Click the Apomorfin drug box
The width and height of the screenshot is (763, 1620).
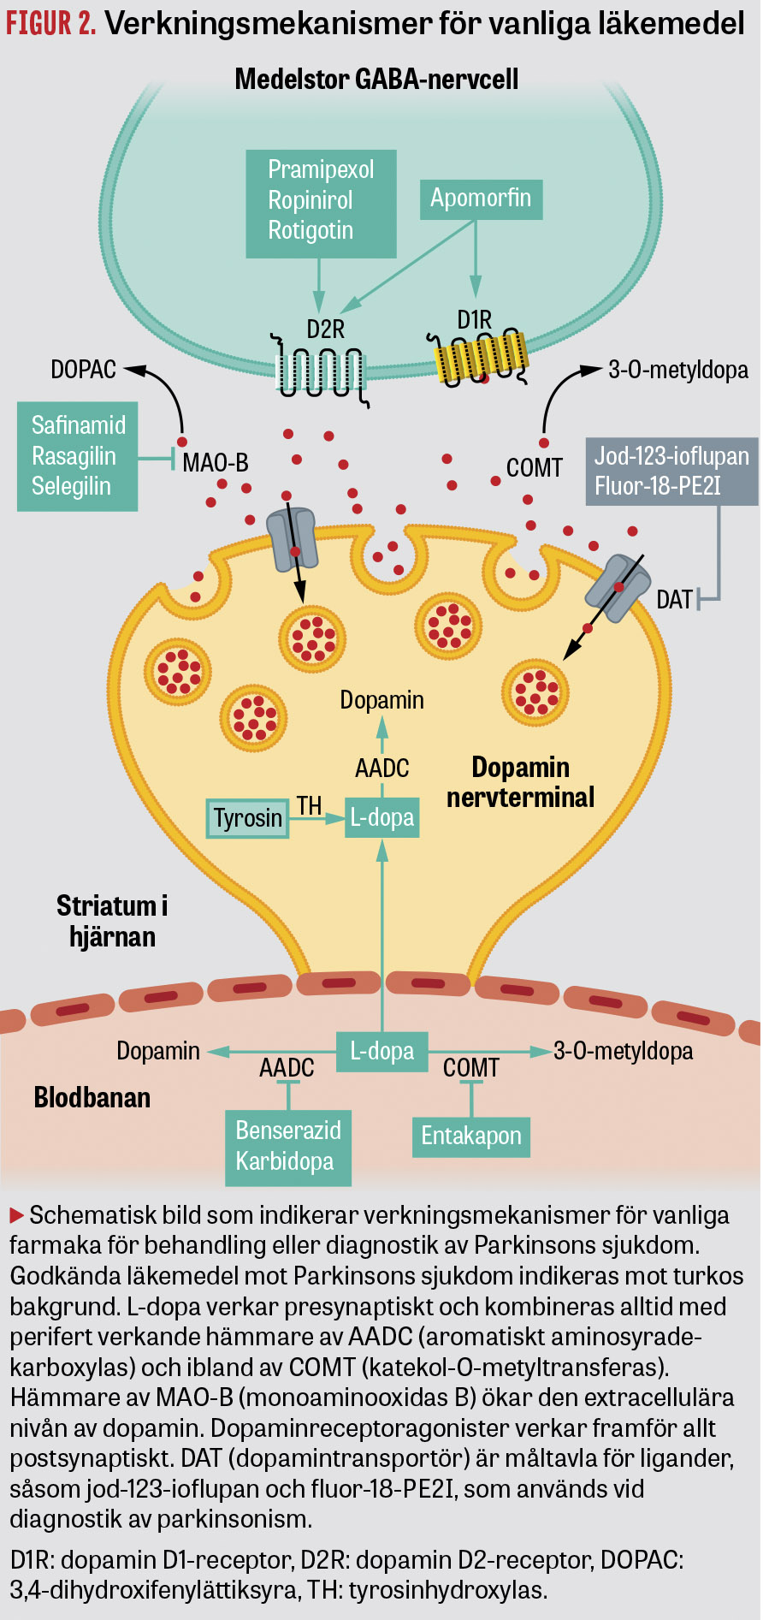(481, 199)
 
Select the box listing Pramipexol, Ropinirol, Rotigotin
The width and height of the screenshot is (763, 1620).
(321, 203)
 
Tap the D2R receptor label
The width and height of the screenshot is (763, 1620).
(325, 329)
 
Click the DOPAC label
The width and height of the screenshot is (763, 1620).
(83, 370)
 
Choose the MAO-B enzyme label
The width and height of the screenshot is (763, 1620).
(216, 463)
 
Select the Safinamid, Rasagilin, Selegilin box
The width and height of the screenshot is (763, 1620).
(77, 456)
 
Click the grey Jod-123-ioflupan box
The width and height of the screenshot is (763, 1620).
(671, 472)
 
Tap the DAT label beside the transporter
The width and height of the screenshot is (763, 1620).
(674, 600)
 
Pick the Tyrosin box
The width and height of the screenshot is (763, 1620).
(247, 818)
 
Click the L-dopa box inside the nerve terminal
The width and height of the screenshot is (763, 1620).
(381, 817)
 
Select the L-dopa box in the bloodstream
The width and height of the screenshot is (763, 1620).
(381, 1051)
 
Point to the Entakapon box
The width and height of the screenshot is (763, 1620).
(470, 1136)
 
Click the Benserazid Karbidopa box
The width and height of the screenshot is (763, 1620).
(287, 1146)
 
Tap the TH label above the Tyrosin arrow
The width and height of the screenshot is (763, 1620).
(309, 805)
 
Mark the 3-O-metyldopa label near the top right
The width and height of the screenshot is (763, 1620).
(677, 370)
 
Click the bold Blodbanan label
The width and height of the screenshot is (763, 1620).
(92, 1098)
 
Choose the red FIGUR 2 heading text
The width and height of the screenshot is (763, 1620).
(50, 23)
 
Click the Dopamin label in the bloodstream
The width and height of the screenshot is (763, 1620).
(158, 1051)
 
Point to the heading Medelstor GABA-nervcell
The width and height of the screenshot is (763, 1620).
(376, 80)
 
